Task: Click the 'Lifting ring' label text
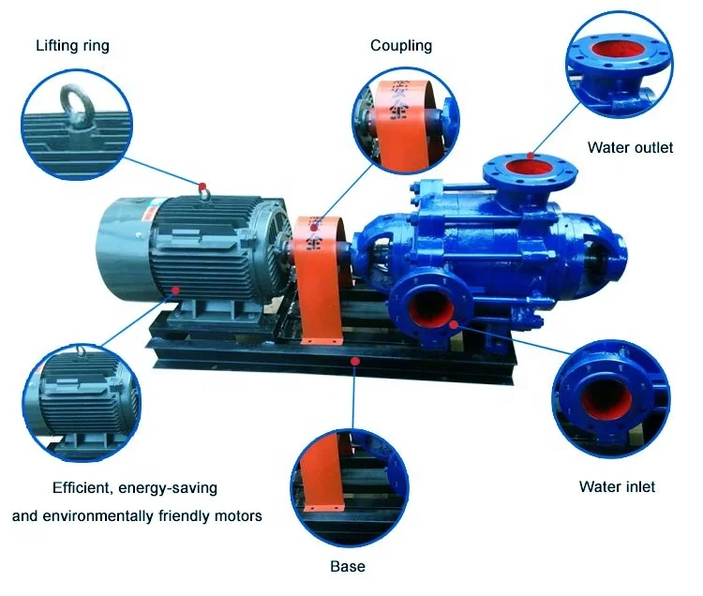coord(72,45)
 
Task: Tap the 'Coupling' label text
coord(401,45)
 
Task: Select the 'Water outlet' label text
coord(630,147)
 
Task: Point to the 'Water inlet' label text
coord(617,486)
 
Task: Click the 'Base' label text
coord(347,566)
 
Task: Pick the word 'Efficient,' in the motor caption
coord(83,488)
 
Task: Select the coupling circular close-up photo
coord(405,121)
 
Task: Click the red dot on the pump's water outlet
coord(530,155)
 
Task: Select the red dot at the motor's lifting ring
coord(202,184)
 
